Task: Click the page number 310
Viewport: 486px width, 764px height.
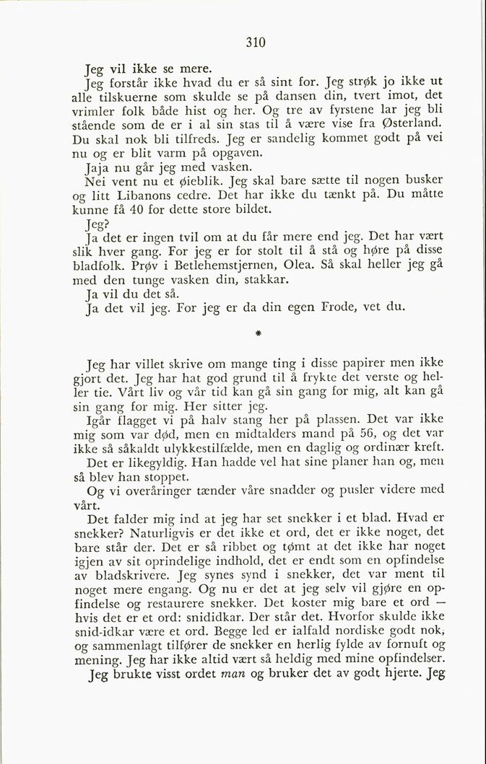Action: (256, 43)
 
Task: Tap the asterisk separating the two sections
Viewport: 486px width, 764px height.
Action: (257, 335)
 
